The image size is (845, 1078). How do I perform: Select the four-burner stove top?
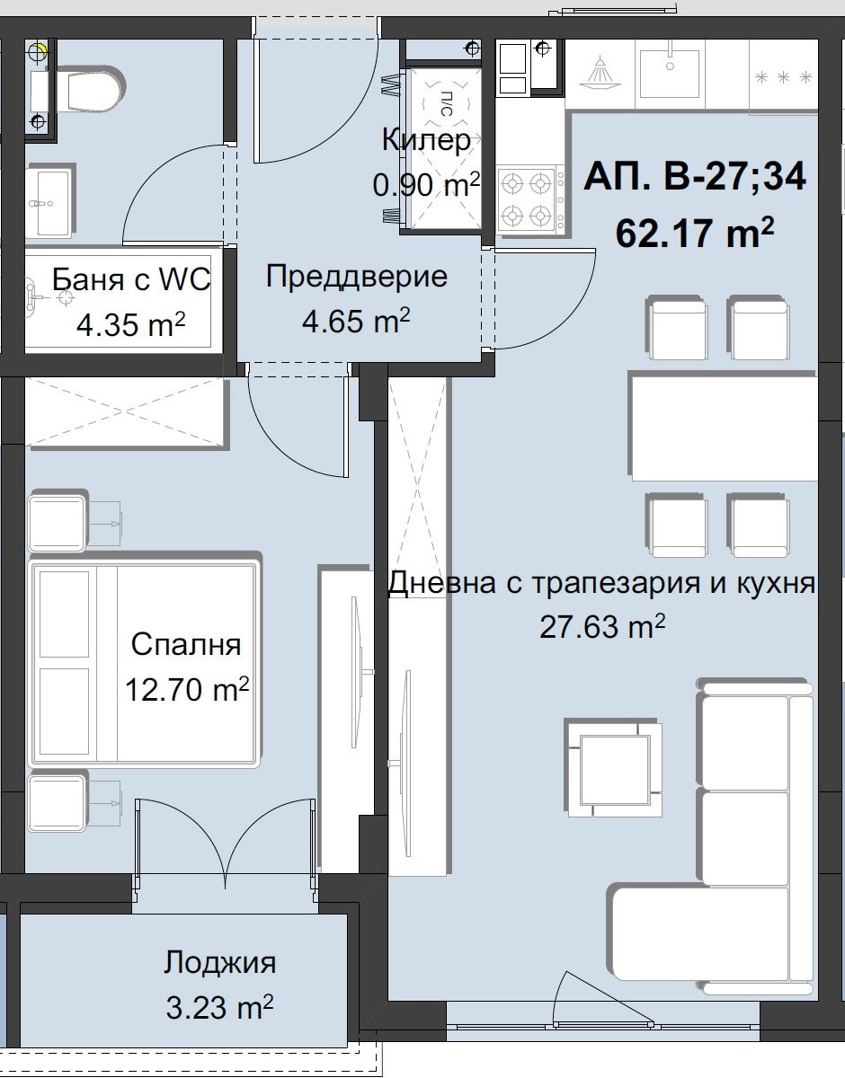pyautogui.click(x=527, y=199)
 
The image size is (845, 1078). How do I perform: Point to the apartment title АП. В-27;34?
pyautogui.click(x=694, y=176)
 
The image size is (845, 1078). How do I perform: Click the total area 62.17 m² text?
pyautogui.click(x=694, y=234)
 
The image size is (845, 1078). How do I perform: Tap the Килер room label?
pyautogui.click(x=425, y=140)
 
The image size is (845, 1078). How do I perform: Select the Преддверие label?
pyautogui.click(x=356, y=277)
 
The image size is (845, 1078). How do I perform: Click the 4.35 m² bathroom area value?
pyautogui.click(x=131, y=324)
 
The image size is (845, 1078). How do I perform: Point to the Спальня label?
pyautogui.click(x=185, y=645)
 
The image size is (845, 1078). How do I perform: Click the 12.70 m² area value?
pyautogui.click(x=187, y=690)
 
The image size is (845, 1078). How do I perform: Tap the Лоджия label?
pyautogui.click(x=219, y=964)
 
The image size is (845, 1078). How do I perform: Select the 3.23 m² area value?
pyautogui.click(x=219, y=1007)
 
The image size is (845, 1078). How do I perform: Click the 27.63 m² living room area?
pyautogui.click(x=602, y=626)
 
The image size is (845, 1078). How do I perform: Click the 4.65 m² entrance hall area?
pyautogui.click(x=356, y=321)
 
